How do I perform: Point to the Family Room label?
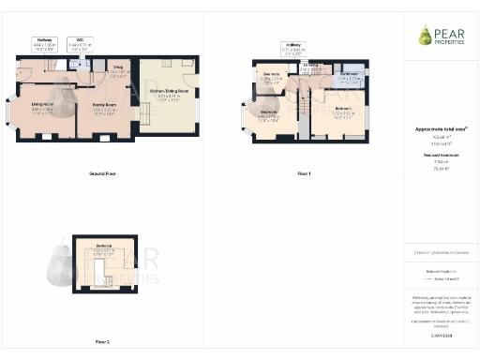pos(103,108)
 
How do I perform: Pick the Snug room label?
pos(119,70)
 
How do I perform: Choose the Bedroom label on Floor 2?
pos(103,249)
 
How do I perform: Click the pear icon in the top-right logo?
pos(425,36)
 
